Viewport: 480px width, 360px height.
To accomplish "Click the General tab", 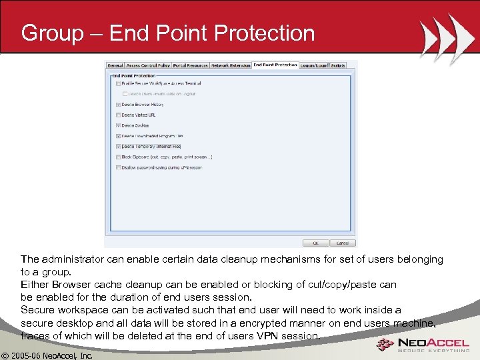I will pyautogui.click(x=115, y=65).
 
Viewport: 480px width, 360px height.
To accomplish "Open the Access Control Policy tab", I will pyautogui.click(x=148, y=65).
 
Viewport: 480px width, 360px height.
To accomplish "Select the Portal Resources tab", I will pyautogui.click(x=191, y=65).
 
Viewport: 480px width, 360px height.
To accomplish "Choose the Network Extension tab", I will pyautogui.click(x=231, y=65).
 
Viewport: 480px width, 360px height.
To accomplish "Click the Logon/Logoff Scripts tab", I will pyautogui.click(x=323, y=65).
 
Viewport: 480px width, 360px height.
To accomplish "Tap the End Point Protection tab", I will pyautogui.click(x=275, y=65).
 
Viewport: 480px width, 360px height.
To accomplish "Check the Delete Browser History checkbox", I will pyautogui.click(x=119, y=105).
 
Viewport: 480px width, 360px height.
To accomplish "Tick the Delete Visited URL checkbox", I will pyautogui.click(x=119, y=115).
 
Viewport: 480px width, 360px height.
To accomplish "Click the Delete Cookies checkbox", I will pyautogui.click(x=119, y=125).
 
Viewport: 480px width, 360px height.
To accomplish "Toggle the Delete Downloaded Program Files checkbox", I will pyautogui.click(x=119, y=136).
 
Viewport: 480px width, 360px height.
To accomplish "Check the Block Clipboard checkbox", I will pyautogui.click(x=119, y=157).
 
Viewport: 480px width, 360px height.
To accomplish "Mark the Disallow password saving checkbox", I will pyautogui.click(x=119, y=167).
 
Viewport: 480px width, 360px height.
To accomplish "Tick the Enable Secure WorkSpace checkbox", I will pyautogui.click(x=119, y=84).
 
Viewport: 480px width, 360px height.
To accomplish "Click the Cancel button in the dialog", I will pyautogui.click(x=343, y=243).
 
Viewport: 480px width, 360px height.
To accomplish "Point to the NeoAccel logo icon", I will pyautogui.click(x=385, y=344).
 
